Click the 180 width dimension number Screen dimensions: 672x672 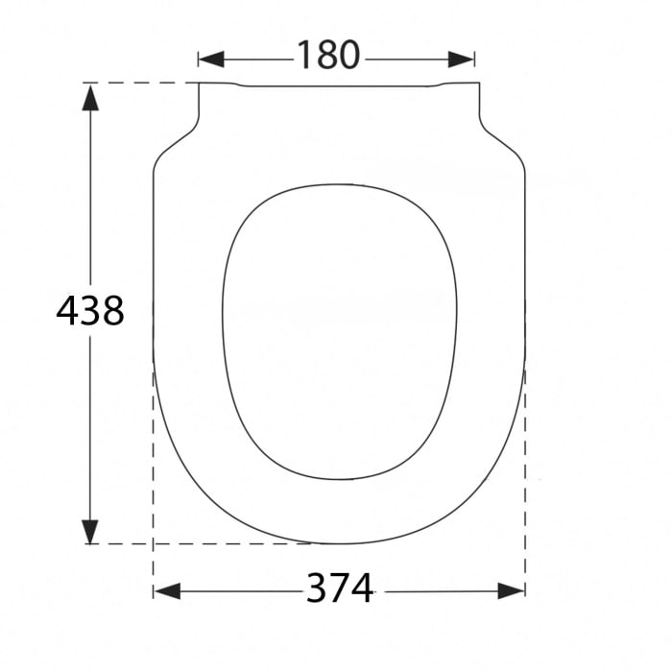[x=327, y=57]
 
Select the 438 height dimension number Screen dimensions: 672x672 [x=90, y=311]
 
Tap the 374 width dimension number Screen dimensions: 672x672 [x=340, y=588]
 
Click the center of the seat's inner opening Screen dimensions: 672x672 [x=339, y=331]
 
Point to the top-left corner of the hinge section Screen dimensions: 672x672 [x=200, y=84]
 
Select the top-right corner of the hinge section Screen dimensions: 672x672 [x=478, y=84]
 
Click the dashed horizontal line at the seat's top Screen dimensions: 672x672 [x=144, y=84]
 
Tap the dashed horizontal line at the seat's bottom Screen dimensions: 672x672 [x=192, y=543]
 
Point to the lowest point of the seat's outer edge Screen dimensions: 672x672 [x=339, y=543]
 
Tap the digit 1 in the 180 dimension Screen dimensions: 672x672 [x=301, y=57]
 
